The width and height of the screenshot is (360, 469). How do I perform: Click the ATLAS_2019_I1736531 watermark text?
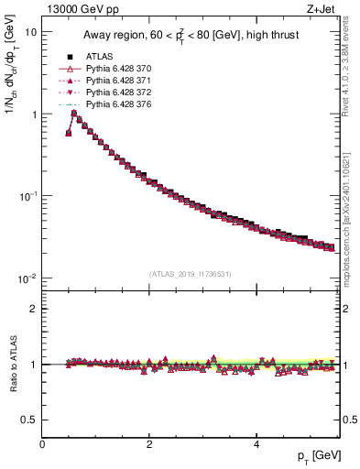point(189,274)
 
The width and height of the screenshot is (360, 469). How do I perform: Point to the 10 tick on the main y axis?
point(30,32)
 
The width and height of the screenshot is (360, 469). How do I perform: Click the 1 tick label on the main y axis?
point(33,115)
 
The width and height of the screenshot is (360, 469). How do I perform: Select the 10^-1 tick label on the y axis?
point(28,196)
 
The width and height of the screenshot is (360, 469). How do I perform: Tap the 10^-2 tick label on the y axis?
point(28,278)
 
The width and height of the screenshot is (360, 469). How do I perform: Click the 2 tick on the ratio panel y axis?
point(34,309)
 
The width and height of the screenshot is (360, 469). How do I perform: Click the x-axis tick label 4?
point(256,444)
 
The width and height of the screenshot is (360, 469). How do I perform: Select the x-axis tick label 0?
point(42,444)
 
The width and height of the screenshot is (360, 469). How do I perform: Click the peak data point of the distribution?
point(74,114)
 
